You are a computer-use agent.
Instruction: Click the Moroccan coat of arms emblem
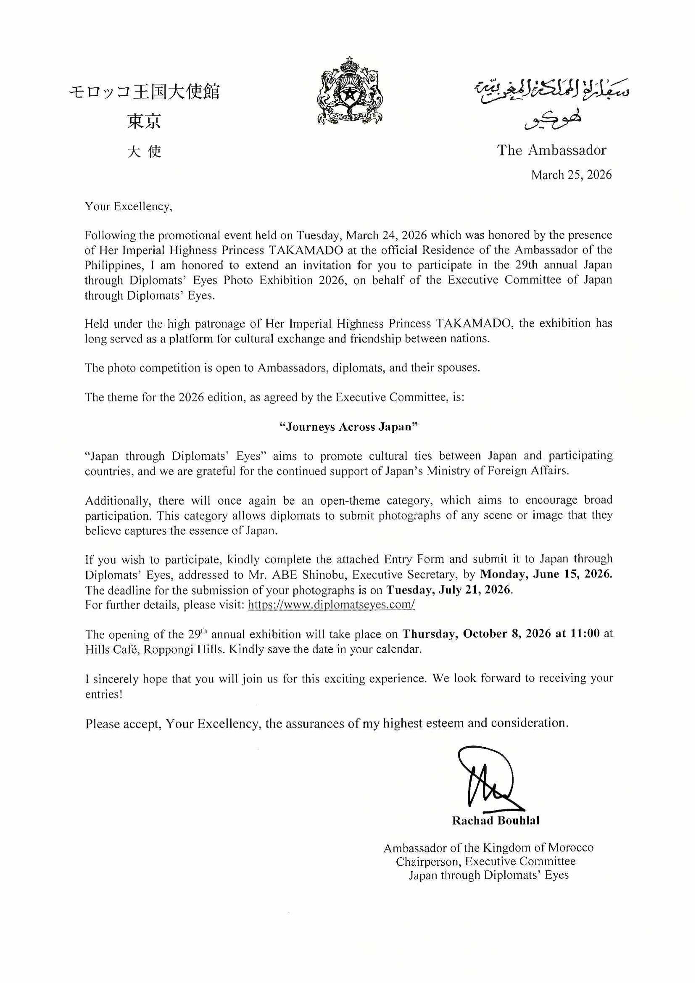[350, 92]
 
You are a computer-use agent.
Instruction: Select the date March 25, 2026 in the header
[571, 175]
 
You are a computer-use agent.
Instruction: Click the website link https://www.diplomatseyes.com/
[331, 605]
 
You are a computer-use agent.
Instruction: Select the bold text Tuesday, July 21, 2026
[449, 590]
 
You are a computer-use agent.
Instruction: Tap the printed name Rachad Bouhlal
[496, 821]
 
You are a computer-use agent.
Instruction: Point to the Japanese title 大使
[145, 152]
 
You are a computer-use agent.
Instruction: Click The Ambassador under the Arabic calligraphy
[551, 150]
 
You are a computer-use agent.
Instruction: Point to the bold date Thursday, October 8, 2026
[477, 634]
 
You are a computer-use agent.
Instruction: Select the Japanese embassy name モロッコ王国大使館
[145, 92]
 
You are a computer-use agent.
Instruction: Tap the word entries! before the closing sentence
[104, 694]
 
